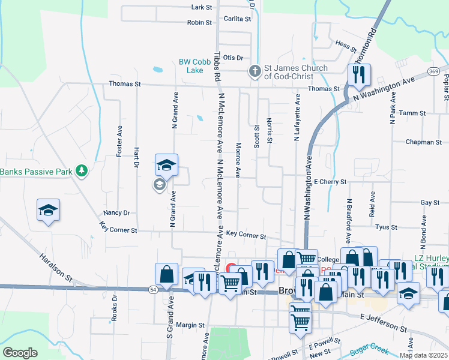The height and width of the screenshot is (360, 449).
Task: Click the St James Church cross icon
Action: click(255, 72)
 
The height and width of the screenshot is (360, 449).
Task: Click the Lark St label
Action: click(202, 7)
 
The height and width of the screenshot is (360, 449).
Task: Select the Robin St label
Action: click(199, 22)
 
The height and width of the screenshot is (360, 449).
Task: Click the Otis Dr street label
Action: click(232, 58)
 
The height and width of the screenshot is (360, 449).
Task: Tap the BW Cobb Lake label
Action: click(195, 66)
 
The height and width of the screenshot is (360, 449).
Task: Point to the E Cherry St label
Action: click(330, 181)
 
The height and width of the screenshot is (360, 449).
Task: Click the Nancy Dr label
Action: click(116, 212)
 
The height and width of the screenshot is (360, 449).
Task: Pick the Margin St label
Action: click(191, 325)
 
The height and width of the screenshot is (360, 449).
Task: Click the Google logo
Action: click(20, 352)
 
